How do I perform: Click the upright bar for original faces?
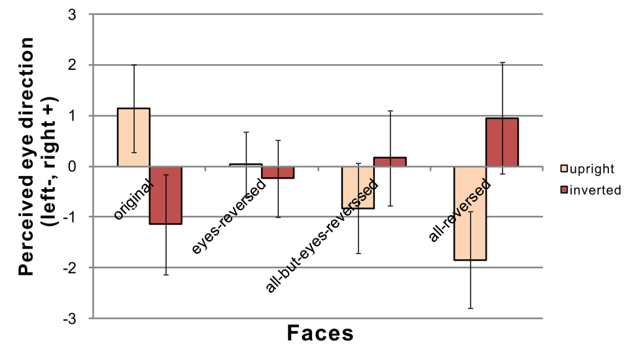(133, 137)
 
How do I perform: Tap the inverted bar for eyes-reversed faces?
(278, 172)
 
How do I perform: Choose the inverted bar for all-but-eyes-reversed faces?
(390, 162)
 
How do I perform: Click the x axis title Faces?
(321, 334)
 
